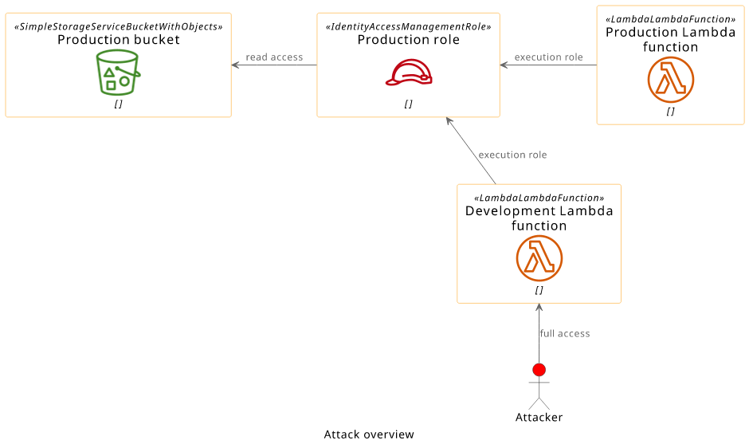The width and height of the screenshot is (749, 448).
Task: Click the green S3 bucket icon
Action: [118, 73]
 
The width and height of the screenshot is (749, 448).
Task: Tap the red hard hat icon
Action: [409, 73]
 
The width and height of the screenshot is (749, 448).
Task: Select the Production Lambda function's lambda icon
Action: [671, 80]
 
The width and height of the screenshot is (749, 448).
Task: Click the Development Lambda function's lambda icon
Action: [539, 258]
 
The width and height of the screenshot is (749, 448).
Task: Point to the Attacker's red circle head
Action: [539, 370]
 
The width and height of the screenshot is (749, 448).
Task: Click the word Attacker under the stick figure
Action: [539, 418]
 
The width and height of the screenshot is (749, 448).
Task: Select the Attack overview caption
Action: [369, 434]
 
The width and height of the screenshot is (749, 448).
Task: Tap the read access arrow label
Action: [274, 57]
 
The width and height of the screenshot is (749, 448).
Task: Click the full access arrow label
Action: [565, 334]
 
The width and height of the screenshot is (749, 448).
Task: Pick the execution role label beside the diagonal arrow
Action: [512, 155]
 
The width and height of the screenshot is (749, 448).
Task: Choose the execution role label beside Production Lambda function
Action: [548, 57]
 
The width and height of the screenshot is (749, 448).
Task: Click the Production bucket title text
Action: [119, 40]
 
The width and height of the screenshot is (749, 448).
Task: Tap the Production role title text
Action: [409, 40]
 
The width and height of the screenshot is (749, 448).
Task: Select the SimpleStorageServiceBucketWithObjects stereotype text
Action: [119, 27]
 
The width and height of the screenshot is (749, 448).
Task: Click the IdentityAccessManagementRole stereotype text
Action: [409, 27]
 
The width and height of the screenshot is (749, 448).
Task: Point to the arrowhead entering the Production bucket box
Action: [235, 65]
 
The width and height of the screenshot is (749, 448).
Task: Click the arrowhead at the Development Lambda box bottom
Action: [539, 308]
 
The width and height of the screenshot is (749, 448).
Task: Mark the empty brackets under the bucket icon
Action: [118, 104]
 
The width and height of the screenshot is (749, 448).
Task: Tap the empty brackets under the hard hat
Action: [409, 104]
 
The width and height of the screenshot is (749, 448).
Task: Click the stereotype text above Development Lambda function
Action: [539, 198]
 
